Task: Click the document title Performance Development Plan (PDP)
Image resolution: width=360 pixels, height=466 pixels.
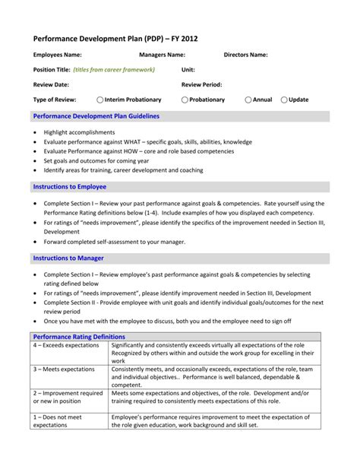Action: [x=113, y=37]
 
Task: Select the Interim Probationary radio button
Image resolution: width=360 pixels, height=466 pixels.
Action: [x=100, y=100]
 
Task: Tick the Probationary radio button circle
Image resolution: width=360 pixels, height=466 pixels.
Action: [x=185, y=100]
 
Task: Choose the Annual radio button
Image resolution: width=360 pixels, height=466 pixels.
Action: [x=248, y=100]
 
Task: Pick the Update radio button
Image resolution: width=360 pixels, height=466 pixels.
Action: [x=284, y=100]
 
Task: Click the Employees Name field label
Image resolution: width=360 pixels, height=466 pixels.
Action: [x=58, y=55]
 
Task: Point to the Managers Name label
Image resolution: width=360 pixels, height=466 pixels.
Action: [x=162, y=55]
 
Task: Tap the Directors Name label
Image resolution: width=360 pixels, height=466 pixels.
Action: [x=245, y=55]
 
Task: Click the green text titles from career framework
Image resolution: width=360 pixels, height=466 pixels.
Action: [x=114, y=70]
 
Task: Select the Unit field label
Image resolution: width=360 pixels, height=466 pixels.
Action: [x=188, y=70]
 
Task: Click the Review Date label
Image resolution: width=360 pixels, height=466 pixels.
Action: [x=51, y=84]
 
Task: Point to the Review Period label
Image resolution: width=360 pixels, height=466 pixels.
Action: [x=202, y=84]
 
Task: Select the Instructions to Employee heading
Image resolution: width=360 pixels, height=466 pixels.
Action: [x=70, y=186]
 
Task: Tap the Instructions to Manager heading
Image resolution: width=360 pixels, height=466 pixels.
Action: [x=68, y=258]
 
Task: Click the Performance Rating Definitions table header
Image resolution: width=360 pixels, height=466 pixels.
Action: [x=79, y=336]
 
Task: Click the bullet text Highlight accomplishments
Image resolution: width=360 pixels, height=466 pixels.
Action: [x=79, y=132]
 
